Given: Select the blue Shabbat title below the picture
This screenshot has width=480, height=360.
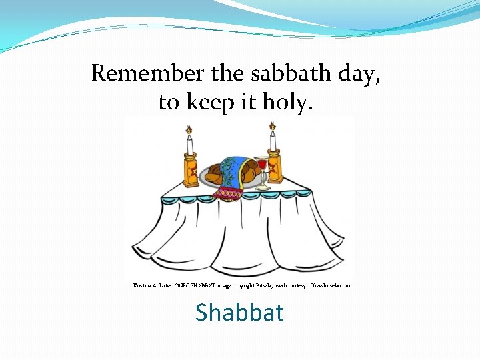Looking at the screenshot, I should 239,313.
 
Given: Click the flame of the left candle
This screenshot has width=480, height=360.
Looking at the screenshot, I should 188,129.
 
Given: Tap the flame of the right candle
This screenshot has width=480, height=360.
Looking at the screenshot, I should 272,126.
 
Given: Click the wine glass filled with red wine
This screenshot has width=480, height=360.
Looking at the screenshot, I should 261,164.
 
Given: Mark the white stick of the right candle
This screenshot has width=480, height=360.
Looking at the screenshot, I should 273,141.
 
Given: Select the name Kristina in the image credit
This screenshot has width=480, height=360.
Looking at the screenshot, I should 141,285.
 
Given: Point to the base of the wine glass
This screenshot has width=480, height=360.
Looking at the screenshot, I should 263,188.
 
